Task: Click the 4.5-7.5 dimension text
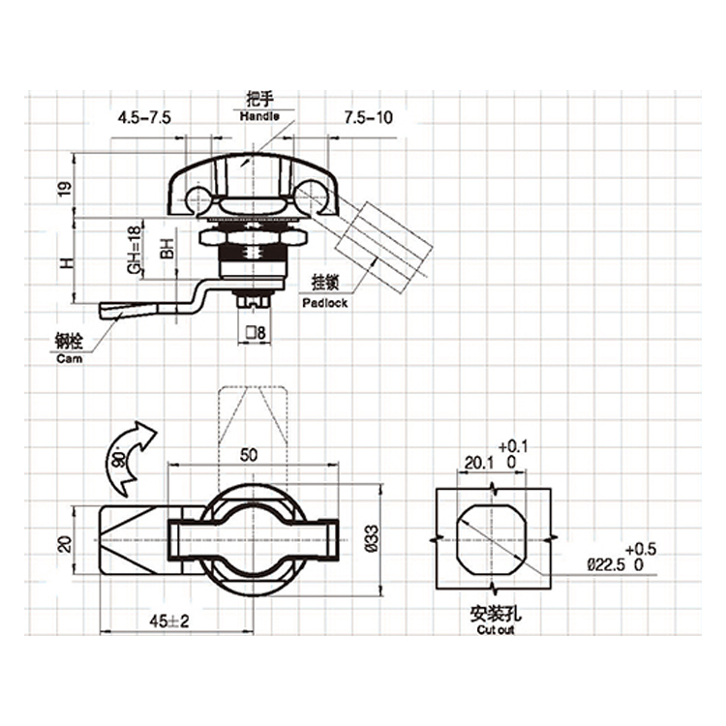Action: [144, 117]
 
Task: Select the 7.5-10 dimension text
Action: [368, 117]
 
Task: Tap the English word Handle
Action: [259, 116]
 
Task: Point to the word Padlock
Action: [324, 303]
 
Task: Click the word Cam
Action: [70, 358]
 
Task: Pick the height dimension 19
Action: [65, 188]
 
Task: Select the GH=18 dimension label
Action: [134, 250]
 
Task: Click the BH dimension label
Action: [166, 249]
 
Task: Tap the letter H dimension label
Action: [67, 264]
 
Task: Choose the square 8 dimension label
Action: [257, 333]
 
